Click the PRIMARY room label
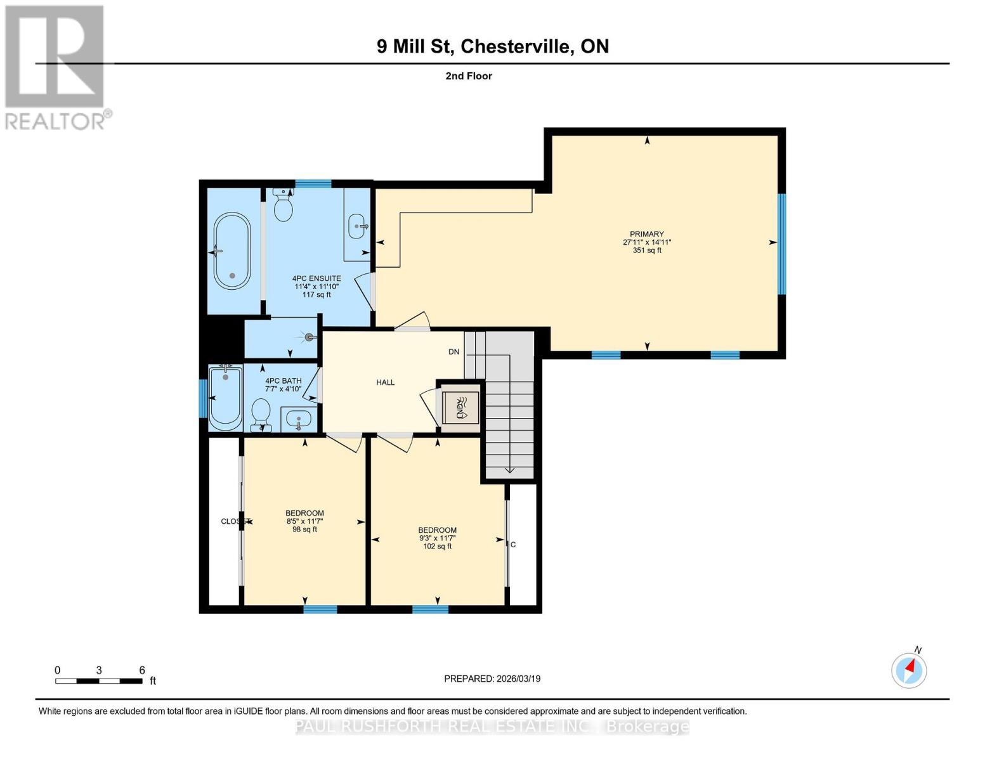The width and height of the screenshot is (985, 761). (646, 242)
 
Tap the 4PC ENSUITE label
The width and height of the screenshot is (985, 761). (316, 286)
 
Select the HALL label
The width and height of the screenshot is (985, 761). (385, 382)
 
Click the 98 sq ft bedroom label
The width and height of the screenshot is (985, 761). (304, 521)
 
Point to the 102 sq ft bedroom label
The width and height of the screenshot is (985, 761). (437, 538)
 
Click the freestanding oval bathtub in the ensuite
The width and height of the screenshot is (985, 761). (232, 250)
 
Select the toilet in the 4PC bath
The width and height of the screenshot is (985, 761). (261, 415)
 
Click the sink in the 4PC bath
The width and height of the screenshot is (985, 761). (298, 419)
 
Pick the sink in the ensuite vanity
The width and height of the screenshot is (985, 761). (358, 226)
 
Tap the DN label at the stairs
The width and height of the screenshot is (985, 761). (453, 351)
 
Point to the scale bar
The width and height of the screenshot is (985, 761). (99, 681)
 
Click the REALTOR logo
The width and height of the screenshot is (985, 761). (56, 67)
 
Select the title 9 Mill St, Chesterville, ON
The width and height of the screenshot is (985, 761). (493, 46)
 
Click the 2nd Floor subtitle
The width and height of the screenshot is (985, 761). (469, 76)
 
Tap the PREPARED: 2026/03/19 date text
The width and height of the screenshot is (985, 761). (492, 679)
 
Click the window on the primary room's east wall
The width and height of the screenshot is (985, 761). (781, 244)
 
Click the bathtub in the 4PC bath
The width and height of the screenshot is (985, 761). (225, 397)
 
